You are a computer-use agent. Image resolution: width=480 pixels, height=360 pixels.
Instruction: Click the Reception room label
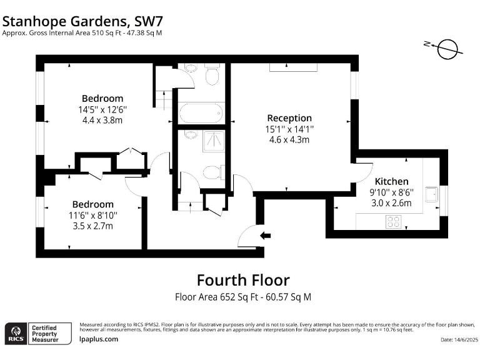[x=289, y=117]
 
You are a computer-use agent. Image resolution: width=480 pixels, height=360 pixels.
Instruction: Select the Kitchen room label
[x=391, y=181]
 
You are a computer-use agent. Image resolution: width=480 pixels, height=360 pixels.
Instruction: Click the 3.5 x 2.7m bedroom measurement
[x=93, y=226]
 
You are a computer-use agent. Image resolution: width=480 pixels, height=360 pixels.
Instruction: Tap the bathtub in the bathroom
[x=200, y=113]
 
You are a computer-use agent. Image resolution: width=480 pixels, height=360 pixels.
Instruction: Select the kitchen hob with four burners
[x=394, y=221]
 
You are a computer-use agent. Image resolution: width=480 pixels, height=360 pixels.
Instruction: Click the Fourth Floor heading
[x=243, y=280]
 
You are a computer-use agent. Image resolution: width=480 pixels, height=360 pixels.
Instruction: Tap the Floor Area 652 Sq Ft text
[x=243, y=297]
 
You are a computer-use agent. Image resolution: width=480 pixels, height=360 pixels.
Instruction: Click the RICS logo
[x=15, y=333]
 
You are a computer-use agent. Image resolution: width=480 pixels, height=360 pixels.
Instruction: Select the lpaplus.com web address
[x=99, y=339]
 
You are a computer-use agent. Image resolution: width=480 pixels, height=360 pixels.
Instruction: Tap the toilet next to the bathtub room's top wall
[x=212, y=77]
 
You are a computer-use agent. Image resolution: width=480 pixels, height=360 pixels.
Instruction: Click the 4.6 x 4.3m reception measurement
[x=289, y=140]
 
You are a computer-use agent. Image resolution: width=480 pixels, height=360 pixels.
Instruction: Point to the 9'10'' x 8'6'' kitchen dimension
[x=391, y=192]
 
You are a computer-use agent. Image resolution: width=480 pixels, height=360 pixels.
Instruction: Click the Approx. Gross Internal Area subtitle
[x=82, y=32]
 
